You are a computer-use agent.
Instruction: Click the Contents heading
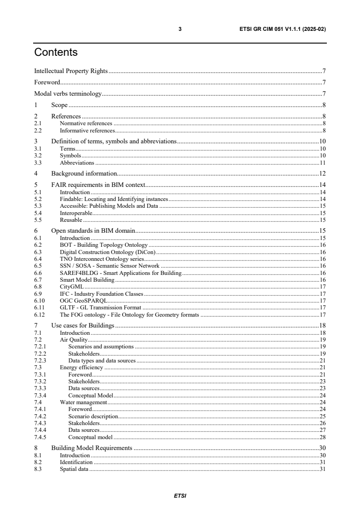56,53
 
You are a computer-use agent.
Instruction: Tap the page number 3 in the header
180,29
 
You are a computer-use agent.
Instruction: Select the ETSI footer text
180,495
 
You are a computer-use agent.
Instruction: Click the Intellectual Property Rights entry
71,71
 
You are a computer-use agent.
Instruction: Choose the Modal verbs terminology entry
68,94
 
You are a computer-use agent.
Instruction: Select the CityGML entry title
72,287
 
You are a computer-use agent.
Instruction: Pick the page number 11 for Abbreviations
323,162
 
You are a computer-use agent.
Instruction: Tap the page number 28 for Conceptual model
323,437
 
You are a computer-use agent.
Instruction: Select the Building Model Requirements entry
92,448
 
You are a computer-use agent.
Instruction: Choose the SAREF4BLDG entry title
121,273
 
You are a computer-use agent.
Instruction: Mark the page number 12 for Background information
323,173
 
